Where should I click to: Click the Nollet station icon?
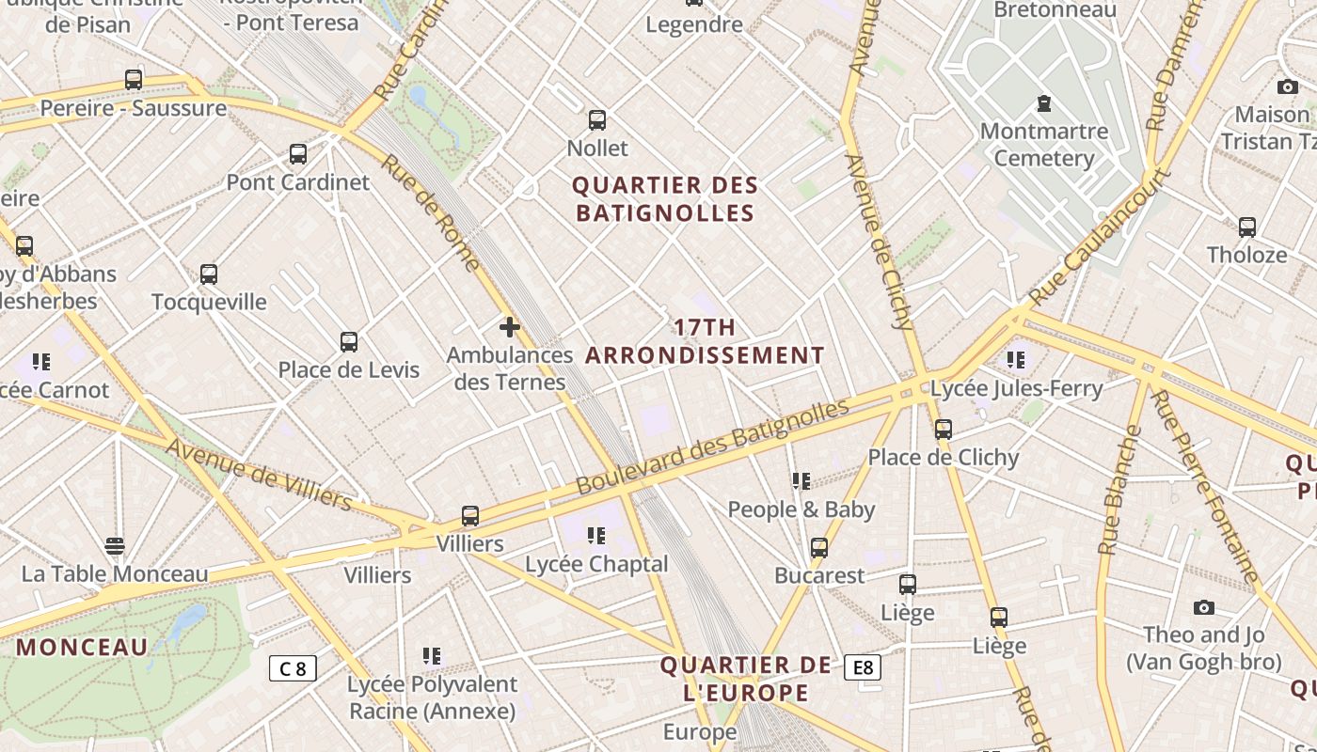(x=597, y=120)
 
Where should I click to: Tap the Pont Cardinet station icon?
(x=298, y=154)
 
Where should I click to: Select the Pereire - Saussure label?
(x=133, y=108)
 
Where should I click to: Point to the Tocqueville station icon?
(x=209, y=274)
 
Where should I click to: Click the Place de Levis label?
(x=348, y=369)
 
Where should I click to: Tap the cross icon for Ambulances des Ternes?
(x=510, y=327)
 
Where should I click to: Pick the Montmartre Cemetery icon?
(x=1043, y=103)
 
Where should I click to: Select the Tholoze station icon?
(x=1247, y=227)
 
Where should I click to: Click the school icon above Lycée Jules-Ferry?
(x=1016, y=359)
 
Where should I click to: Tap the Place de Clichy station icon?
(x=944, y=430)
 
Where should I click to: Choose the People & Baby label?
(x=801, y=509)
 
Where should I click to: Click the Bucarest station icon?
(x=819, y=548)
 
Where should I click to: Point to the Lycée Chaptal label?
(x=596, y=564)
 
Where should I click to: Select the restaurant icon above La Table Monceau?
(x=115, y=546)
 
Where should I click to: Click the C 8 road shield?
(x=293, y=668)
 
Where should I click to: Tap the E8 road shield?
(x=863, y=667)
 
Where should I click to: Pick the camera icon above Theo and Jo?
(x=1203, y=607)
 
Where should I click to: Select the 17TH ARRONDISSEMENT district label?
(x=706, y=341)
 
